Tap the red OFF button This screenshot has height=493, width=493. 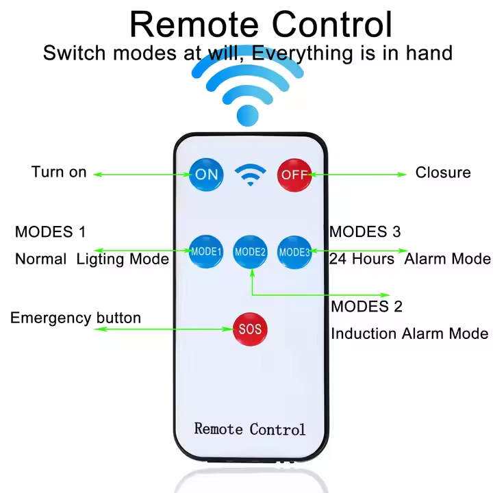pyautogui.click(x=294, y=175)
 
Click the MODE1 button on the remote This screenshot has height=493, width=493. pyautogui.click(x=206, y=251)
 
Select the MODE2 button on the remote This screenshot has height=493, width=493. pyautogui.click(x=250, y=252)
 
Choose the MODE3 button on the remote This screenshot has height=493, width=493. pyautogui.click(x=294, y=252)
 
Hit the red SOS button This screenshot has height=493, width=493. pyautogui.click(x=250, y=329)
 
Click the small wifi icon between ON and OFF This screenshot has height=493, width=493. pyautogui.click(x=251, y=175)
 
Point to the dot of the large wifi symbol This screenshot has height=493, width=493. pyautogui.click(x=248, y=116)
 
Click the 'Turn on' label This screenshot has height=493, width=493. pyautogui.click(x=59, y=172)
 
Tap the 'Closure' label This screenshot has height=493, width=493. pyautogui.click(x=443, y=173)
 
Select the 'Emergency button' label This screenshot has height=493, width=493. pyautogui.click(x=75, y=318)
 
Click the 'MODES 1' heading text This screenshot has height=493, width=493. pyautogui.click(x=50, y=232)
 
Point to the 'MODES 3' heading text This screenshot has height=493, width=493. pyautogui.click(x=365, y=231)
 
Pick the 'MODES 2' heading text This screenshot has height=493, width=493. pyautogui.click(x=366, y=307)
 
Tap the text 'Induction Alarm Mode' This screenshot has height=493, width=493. pyautogui.click(x=409, y=333)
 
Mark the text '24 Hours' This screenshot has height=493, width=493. pyautogui.click(x=362, y=259)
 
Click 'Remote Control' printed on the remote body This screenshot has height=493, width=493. pyautogui.click(x=250, y=429)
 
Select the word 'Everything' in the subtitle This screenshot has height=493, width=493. pyautogui.click(x=303, y=53)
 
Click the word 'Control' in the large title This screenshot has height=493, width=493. pyautogui.click(x=332, y=25)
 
